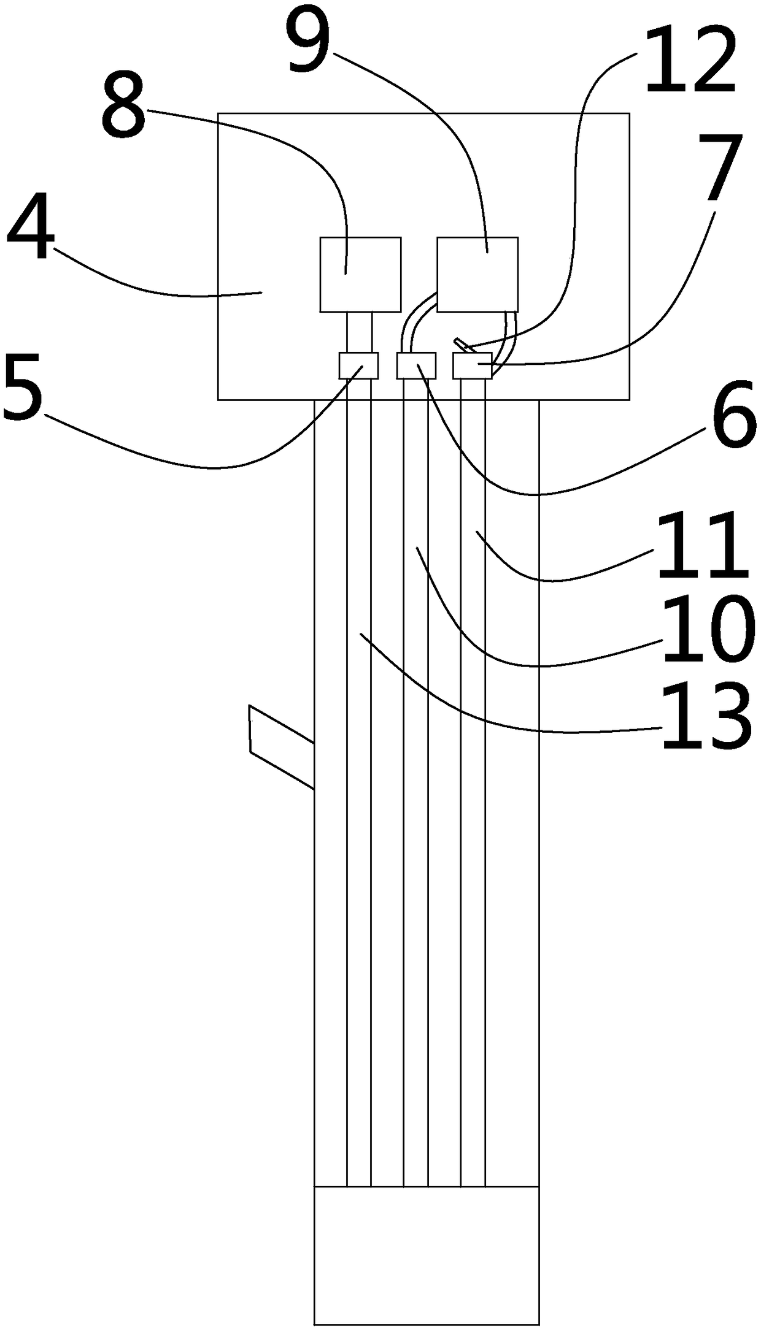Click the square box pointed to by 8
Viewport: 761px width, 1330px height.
tap(360, 274)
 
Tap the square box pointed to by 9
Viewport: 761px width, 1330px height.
tap(477, 274)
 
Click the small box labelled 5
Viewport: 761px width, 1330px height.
tap(358, 365)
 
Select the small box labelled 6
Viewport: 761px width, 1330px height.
tap(416, 365)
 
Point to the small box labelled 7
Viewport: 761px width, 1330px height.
tap(472, 365)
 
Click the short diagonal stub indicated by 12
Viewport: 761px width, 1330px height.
tap(460, 343)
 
